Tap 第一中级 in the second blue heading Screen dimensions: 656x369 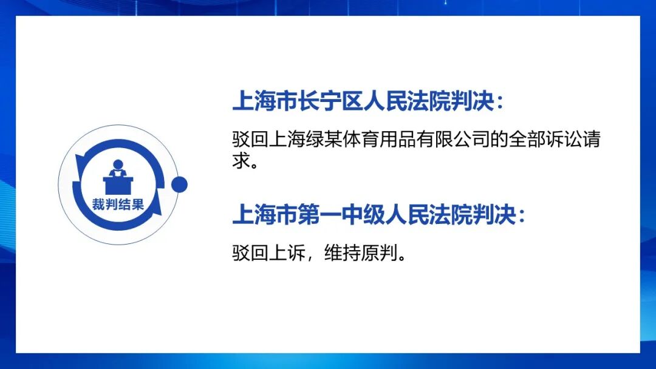[341, 215]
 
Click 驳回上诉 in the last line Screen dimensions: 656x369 [268, 253]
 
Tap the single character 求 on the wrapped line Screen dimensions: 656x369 [241, 160]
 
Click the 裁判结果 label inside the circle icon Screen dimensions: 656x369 [118, 205]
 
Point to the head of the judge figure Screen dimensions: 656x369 [118, 164]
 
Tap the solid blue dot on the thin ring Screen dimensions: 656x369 [179, 184]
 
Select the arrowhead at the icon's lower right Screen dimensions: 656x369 [157, 207]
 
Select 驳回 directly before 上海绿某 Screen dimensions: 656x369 [250, 140]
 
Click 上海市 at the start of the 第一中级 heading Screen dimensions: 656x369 [265, 215]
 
